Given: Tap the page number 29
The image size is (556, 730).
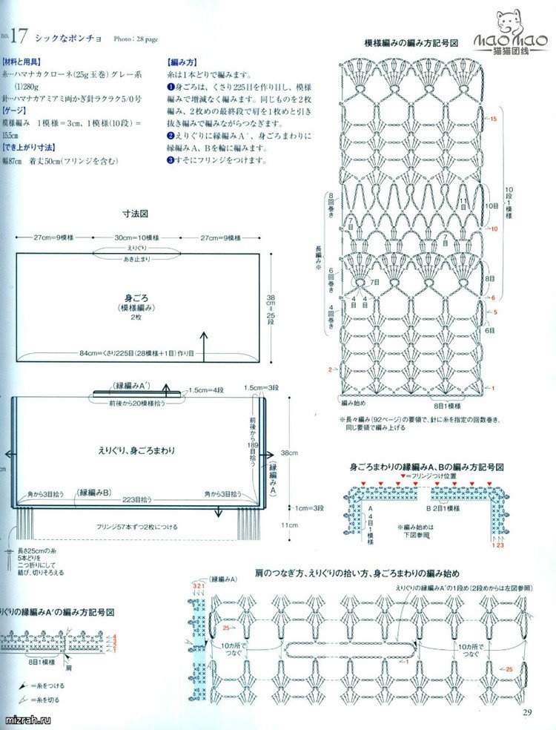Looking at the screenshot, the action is click(528, 713).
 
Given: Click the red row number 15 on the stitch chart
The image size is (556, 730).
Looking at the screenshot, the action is click(493, 119).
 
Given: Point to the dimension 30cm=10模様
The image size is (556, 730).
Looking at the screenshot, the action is click(136, 237).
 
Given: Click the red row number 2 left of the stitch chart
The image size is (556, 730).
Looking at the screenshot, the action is click(330, 369).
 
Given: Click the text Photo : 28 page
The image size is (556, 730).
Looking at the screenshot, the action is click(136, 37).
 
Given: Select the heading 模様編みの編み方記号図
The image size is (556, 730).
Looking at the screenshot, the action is click(411, 44).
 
